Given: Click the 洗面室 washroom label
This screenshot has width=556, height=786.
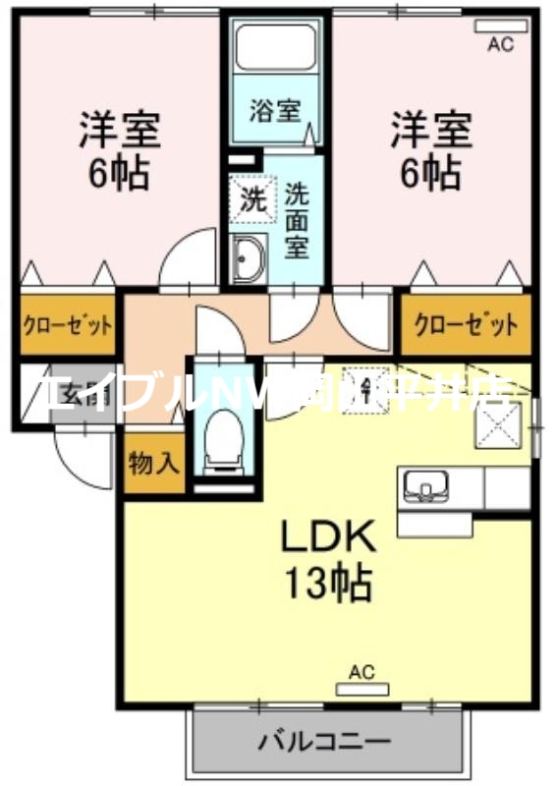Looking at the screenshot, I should [x=298, y=218].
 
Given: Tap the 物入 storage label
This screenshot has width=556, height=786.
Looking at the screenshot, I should [x=154, y=463].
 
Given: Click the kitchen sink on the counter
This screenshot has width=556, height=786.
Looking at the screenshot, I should [x=425, y=485].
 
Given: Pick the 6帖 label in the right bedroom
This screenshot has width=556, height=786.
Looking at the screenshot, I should [x=429, y=173].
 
